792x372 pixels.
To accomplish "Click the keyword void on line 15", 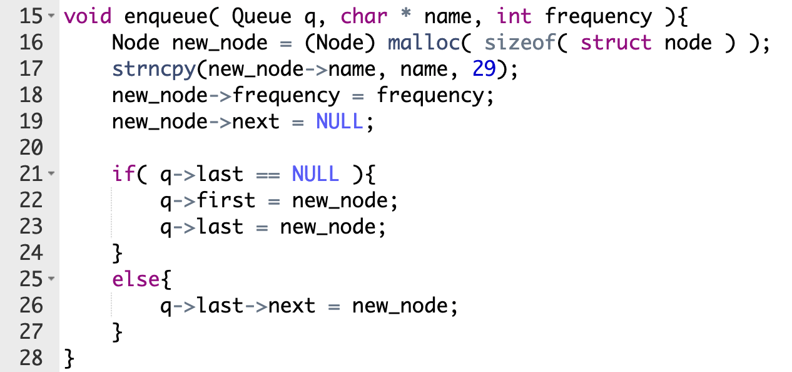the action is coord(88,16).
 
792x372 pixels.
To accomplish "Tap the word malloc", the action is coord(424,43).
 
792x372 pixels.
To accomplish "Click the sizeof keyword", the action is coord(520,43).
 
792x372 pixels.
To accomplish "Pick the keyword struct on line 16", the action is coord(616,43).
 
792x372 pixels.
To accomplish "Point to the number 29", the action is coord(484,69).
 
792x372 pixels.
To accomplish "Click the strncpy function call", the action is coord(154,70).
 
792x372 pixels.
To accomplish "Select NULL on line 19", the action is coord(340,121).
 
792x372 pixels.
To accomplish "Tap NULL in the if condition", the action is coord(315,174).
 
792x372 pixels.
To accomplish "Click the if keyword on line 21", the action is coord(123,174).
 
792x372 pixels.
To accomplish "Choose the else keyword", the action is coord(136,279).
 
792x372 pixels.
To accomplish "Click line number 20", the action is coord(31,148).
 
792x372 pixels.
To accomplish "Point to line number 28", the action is coord(31,358).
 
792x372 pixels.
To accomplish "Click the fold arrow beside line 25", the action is coord(51,279).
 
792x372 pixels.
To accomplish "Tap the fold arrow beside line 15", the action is coord(51,16).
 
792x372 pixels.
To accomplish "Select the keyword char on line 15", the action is coord(364,16).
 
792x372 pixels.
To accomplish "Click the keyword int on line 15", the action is coord(514,16).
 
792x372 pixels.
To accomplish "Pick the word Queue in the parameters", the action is coord(261,17).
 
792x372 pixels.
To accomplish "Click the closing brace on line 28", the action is coord(69,359).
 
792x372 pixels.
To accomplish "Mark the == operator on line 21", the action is coord(268,175).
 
